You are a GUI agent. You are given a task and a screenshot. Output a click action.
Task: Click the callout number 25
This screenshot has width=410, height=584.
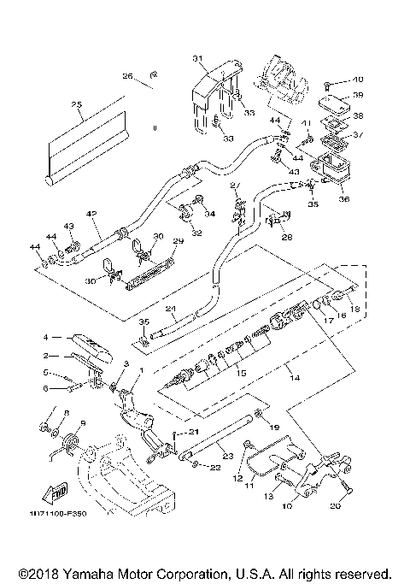pos(76,105)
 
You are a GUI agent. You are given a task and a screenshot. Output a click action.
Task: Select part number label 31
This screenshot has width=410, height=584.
pos(197,58)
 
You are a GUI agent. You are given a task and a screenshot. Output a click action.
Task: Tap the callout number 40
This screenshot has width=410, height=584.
pos(357,80)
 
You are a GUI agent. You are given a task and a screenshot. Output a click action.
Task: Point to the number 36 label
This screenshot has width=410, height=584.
pos(344,199)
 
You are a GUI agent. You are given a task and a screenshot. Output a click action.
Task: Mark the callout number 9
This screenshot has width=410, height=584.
pos(83,423)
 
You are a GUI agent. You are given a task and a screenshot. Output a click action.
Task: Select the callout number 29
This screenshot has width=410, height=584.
pos(179,243)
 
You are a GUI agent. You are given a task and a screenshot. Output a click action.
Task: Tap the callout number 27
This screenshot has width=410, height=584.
pos(236,186)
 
